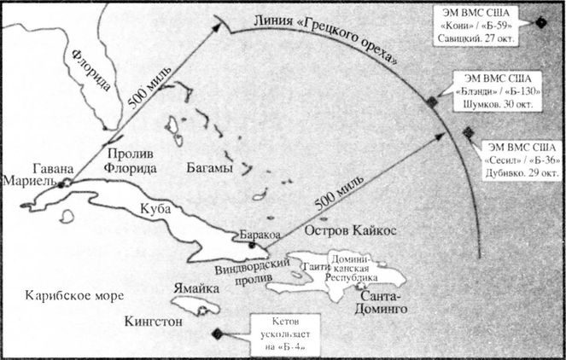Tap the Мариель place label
point(28,181)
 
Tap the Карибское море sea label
point(71,295)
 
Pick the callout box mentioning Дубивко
point(520,158)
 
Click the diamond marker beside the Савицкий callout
point(541,21)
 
